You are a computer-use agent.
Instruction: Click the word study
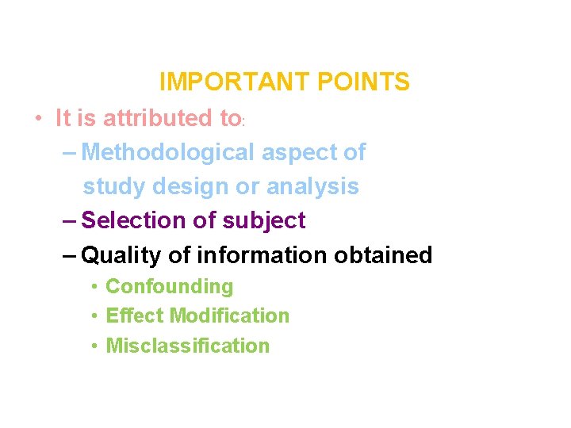(x=109, y=187)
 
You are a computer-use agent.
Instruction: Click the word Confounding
(x=170, y=286)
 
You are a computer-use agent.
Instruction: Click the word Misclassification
(x=188, y=346)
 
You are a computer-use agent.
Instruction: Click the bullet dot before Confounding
(x=94, y=286)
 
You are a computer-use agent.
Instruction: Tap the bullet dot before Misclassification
(x=94, y=346)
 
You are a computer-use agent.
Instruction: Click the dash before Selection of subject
(x=69, y=220)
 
